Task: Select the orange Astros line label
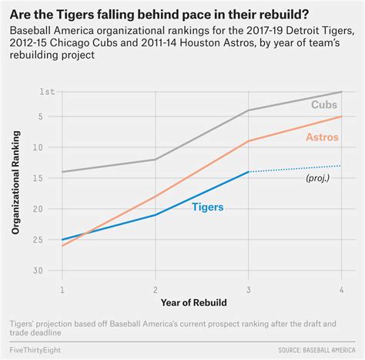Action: pyautogui.click(x=322, y=137)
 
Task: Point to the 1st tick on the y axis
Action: pyautogui.click(x=47, y=92)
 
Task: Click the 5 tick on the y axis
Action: pyautogui.click(x=50, y=116)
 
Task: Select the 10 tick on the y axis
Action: pyautogui.click(x=48, y=147)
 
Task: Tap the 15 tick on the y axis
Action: pyautogui.click(x=48, y=178)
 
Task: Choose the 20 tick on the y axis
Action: pyautogui.click(x=48, y=209)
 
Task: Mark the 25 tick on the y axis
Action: pyautogui.click(x=48, y=240)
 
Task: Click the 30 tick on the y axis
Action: pyautogui.click(x=48, y=271)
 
